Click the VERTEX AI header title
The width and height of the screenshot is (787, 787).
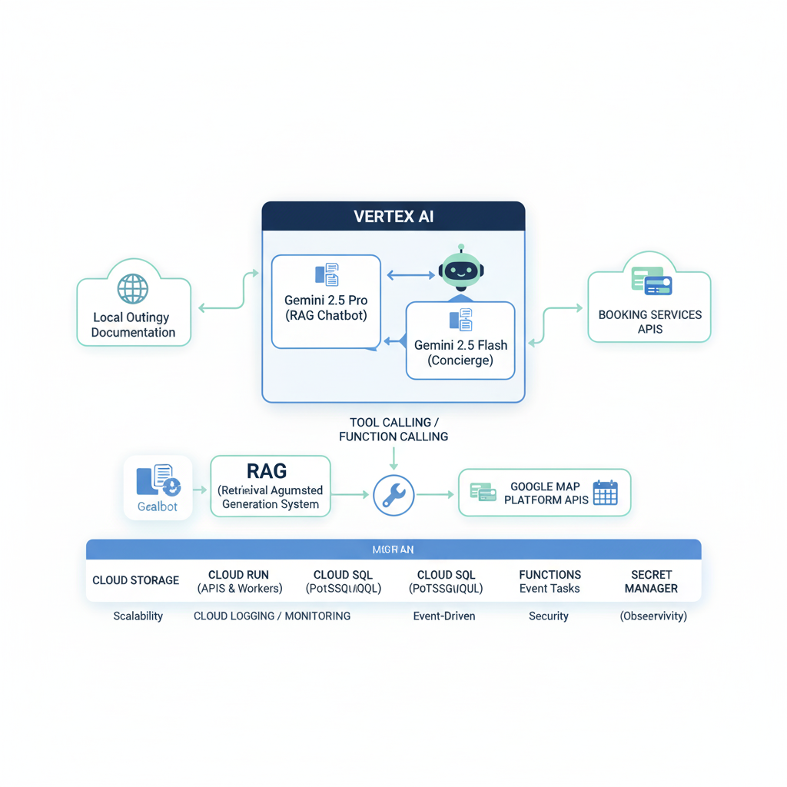[393, 216]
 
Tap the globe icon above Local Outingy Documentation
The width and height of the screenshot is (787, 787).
[133, 289]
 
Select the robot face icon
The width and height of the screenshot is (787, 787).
[460, 271]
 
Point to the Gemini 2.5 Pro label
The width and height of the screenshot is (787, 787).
[326, 301]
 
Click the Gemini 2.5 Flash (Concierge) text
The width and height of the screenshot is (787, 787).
[460, 353]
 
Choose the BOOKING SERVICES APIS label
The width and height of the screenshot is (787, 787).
[649, 322]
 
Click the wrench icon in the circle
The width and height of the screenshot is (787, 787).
[393, 495]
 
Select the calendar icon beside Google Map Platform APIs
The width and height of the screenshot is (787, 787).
[605, 493]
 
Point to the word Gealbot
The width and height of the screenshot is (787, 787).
[158, 506]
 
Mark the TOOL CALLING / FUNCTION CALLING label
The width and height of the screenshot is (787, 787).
[393, 430]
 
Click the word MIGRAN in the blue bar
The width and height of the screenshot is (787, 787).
[393, 550]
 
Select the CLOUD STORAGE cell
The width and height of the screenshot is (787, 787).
[135, 580]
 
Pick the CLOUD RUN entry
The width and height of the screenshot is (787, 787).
[239, 582]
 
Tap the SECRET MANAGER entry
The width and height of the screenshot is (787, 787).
[651, 582]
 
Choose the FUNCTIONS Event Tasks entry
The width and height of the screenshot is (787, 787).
[550, 582]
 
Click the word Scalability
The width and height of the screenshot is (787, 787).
[138, 616]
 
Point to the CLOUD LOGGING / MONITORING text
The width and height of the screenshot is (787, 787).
[272, 616]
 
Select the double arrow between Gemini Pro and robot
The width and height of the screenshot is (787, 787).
[410, 274]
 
